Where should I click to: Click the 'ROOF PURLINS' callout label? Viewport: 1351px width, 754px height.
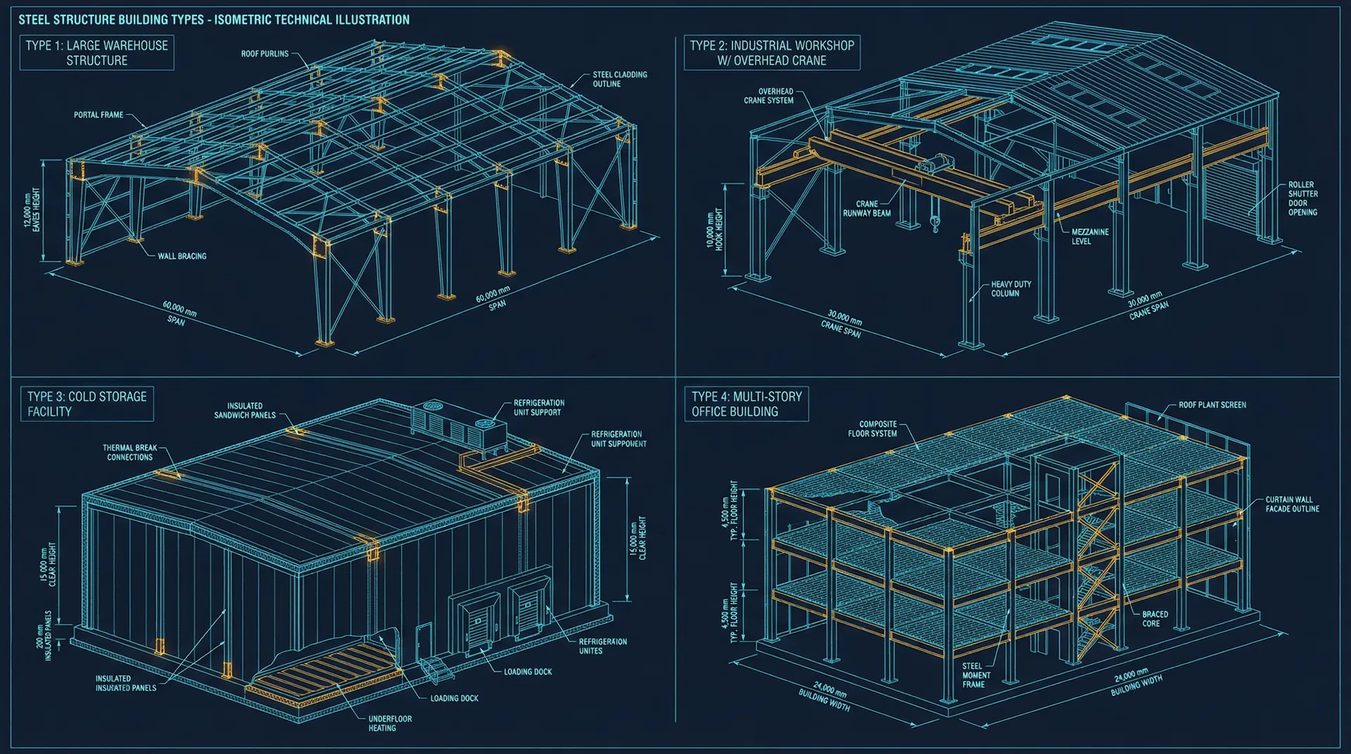point(265,53)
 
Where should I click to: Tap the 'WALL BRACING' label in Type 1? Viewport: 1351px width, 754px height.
point(182,256)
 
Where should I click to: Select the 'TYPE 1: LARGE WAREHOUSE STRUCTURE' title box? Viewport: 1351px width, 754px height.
point(97,53)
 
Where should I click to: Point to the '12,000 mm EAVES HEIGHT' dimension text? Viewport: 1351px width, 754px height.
point(32,210)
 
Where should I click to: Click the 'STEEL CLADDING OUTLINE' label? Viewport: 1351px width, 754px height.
point(619,79)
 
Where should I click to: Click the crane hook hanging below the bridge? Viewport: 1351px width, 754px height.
point(934,224)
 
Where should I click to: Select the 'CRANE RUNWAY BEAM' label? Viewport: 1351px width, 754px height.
point(866,208)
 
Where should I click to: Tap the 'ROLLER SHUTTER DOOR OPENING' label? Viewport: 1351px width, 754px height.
point(1302,198)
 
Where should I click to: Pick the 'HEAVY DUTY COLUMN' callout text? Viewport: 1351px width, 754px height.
point(1010,288)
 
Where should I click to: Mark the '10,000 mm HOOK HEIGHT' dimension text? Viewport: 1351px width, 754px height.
point(714,229)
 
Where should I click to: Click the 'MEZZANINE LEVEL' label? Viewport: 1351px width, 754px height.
point(1089,236)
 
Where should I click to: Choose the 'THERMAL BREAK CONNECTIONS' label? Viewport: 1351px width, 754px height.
point(129,452)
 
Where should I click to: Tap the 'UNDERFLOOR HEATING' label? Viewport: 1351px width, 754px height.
point(390,723)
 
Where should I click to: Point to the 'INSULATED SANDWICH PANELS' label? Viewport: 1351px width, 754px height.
point(245,411)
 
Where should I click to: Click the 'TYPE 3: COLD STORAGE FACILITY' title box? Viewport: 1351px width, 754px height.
point(87,404)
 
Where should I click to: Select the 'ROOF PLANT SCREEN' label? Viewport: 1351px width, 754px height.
point(1212,405)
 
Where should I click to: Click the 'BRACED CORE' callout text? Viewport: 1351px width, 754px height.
point(1155,618)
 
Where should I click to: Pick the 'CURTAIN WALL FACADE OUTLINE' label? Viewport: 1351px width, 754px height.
point(1292,504)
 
